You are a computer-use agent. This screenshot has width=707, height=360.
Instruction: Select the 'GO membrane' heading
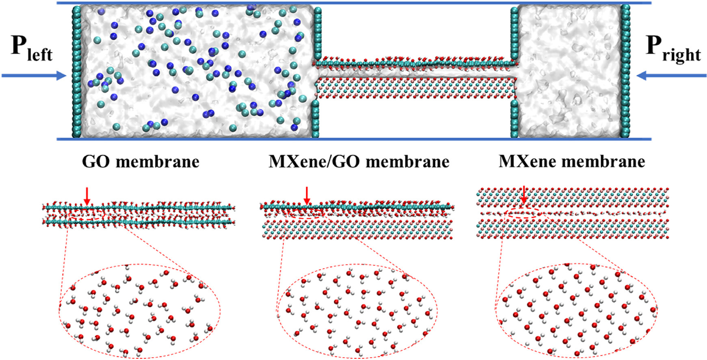(141, 162)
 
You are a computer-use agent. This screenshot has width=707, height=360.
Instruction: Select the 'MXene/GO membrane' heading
(359, 162)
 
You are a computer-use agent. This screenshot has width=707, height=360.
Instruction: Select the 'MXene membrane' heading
(571, 162)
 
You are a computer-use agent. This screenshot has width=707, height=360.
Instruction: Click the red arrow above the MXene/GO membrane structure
(307, 195)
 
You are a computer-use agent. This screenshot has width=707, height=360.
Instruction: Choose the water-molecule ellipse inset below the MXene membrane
(576, 311)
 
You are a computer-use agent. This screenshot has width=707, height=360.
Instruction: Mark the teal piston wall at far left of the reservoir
(76, 72)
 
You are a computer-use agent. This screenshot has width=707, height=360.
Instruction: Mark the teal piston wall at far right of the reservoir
(625, 72)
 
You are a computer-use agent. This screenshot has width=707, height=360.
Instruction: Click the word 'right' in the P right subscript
(681, 55)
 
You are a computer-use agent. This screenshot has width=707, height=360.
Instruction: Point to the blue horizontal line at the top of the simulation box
(353, 3)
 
